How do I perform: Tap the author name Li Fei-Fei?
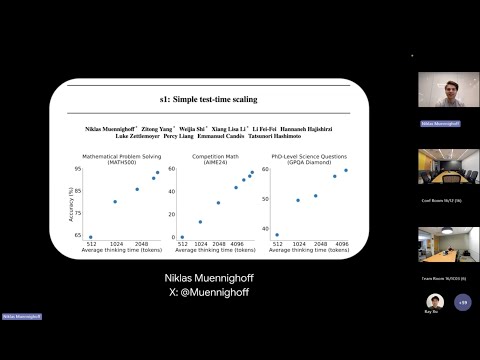265,128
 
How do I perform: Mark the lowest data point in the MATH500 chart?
91,237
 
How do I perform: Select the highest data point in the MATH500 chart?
157,172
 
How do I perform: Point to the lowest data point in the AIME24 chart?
182,237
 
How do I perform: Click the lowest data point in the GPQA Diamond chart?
277,235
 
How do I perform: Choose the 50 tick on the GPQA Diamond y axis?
265,198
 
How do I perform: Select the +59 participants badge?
461,301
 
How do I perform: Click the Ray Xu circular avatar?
434,301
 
